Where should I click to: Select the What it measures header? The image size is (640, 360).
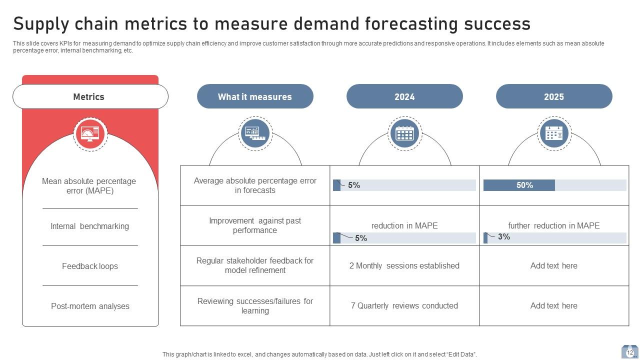255,96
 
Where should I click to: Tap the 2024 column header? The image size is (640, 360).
404,96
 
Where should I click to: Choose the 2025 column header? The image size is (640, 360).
554,96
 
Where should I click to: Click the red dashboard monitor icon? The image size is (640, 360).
90,133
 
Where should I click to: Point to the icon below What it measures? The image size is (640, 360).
255,133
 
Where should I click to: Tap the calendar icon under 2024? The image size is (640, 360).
404,133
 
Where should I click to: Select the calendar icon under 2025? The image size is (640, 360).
554,133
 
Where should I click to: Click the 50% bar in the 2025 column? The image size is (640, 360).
519,185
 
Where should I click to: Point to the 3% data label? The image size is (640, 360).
504,236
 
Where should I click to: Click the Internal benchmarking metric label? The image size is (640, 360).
90,226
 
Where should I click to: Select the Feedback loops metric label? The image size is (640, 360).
90,266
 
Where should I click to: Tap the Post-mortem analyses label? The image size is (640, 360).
90,306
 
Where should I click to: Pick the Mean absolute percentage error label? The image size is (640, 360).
89,185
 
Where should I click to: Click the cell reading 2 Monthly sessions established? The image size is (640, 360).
404,265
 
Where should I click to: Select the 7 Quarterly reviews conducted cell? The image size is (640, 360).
404,305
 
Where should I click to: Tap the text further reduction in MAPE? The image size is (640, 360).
554,225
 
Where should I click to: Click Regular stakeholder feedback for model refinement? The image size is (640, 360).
255,265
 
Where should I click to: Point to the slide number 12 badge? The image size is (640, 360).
629,352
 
